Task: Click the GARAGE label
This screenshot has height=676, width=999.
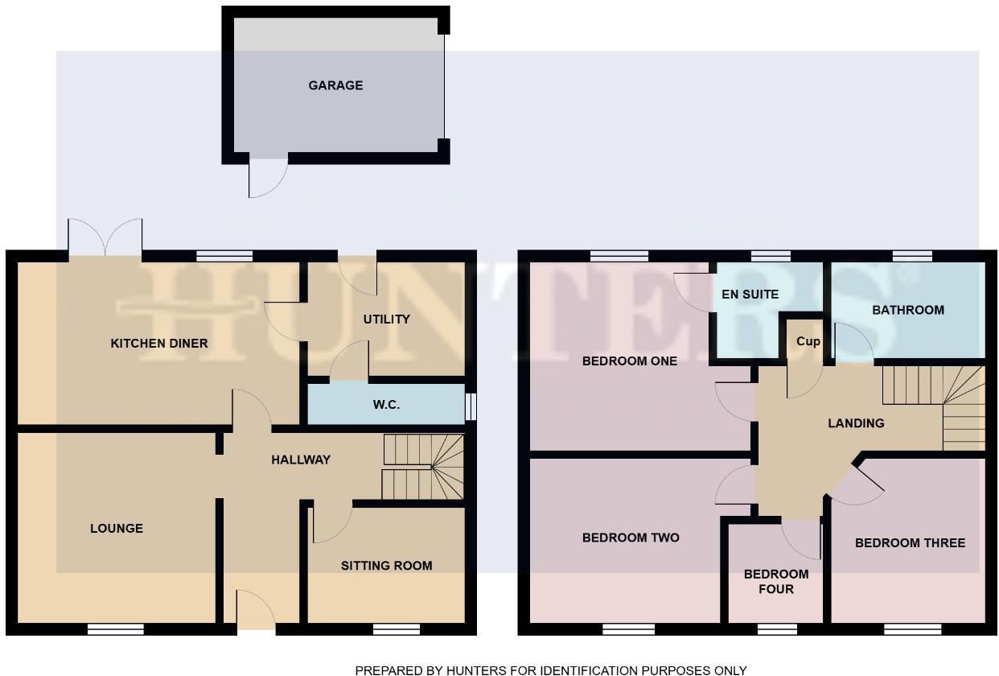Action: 335,85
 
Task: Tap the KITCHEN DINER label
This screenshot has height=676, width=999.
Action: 159,344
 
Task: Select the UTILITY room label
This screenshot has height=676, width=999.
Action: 386,319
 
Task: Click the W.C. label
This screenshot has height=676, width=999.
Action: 386,405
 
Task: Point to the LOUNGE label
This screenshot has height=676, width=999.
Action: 117,529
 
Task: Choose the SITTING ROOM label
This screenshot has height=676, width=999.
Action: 386,566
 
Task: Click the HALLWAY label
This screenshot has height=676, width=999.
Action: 301,460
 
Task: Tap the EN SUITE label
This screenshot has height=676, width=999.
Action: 750,295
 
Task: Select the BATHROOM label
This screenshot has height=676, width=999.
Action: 908,310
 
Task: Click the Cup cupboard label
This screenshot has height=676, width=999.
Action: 808,341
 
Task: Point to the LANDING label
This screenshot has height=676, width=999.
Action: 856,423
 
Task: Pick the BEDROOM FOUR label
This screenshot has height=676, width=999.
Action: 775,582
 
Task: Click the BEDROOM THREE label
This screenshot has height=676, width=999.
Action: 910,543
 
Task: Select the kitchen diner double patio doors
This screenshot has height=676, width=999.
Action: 105,239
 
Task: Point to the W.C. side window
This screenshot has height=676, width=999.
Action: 472,406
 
